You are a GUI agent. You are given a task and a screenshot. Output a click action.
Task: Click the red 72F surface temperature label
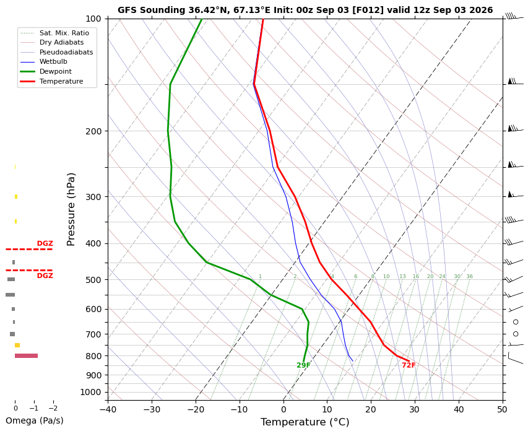[409, 365]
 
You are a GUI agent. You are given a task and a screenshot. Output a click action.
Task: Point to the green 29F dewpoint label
[303, 365]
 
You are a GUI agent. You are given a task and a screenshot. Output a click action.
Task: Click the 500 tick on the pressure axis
[93, 280]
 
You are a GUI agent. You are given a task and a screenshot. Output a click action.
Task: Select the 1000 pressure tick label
[91, 392]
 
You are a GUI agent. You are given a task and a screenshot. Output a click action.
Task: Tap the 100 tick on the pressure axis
[93, 19]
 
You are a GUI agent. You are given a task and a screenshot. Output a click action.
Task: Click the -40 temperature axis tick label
[108, 409]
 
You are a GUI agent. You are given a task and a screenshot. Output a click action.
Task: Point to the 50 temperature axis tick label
[503, 409]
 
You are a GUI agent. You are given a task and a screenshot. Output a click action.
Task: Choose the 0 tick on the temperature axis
[283, 409]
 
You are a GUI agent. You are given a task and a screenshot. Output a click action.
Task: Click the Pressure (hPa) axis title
[71, 209]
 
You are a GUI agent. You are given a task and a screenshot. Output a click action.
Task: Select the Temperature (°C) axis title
[305, 422]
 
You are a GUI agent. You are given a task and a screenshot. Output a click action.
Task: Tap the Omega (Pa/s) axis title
[34, 420]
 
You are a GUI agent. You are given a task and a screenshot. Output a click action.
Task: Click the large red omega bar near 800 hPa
[26, 356]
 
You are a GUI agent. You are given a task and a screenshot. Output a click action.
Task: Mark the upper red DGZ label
[45, 243]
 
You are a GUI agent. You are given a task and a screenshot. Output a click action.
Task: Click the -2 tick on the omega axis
[53, 409]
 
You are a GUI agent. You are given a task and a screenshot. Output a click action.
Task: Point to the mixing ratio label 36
[469, 276]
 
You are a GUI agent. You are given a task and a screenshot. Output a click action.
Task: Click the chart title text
[305, 10]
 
